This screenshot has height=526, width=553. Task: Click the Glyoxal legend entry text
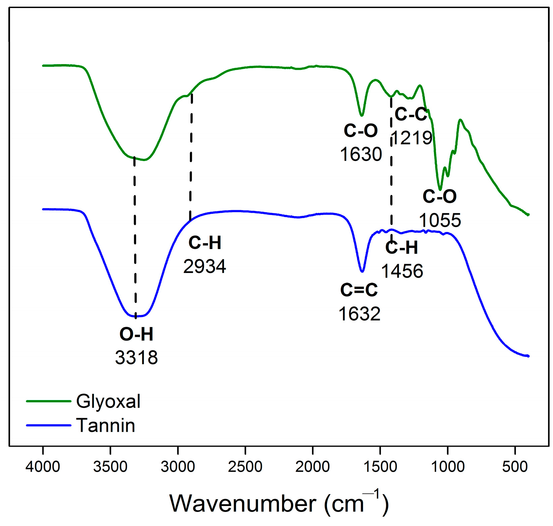(108, 401)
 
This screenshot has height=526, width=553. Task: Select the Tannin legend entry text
(106, 425)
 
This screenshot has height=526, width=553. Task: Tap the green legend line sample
(49, 401)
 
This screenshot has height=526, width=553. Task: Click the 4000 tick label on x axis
(43, 467)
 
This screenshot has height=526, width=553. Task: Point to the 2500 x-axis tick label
(245, 467)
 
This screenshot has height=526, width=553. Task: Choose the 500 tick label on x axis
(515, 467)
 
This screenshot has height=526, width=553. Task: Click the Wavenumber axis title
(279, 503)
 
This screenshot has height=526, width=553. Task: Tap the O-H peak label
(136, 334)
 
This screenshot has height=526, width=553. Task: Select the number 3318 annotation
(136, 358)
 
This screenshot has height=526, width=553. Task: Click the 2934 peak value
(205, 267)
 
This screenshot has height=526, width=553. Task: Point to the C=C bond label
(359, 290)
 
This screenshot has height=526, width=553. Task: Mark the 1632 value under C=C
(359, 314)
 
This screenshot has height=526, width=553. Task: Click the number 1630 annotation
(361, 154)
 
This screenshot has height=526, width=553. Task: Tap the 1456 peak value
(402, 271)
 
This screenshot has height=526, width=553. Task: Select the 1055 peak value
(440, 221)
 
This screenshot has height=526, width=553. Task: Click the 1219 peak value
(412, 138)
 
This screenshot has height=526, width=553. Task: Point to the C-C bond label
(411, 114)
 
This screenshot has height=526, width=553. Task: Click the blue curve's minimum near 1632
(362, 271)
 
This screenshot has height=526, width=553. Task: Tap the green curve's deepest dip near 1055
(440, 189)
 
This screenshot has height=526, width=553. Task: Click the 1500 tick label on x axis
(380, 467)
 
